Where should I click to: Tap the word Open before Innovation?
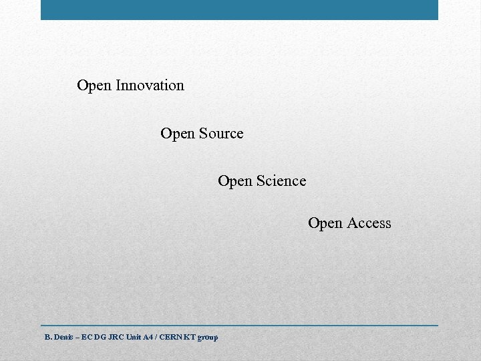tap(94, 86)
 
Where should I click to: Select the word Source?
tap(221, 134)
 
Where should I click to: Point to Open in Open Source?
tap(178, 134)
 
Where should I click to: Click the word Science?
tap(281, 181)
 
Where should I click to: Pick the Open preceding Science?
tap(235, 182)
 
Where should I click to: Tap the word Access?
tap(369, 223)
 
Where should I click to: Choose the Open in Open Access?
tap(325, 224)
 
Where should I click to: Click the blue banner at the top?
tap(239, 9)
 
